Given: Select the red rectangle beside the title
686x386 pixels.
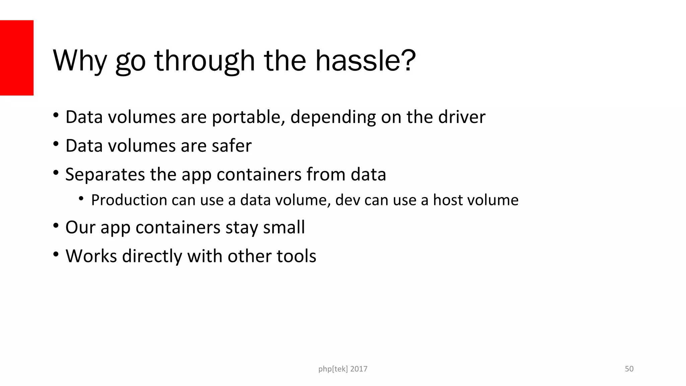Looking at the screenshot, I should coord(17,58).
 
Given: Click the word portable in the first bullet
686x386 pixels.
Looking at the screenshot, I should coord(248,117).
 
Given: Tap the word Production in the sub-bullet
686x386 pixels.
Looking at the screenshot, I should coord(129,200).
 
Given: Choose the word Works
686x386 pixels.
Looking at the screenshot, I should coord(91,256).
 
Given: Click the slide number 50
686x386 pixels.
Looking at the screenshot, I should coord(629,369).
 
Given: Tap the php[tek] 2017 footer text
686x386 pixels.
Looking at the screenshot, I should coord(343,369).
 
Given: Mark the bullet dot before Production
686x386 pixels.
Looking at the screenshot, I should coord(81,199).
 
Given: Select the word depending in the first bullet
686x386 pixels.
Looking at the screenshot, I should coord(333,117).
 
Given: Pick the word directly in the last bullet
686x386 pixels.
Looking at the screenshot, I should coord(152,256).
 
